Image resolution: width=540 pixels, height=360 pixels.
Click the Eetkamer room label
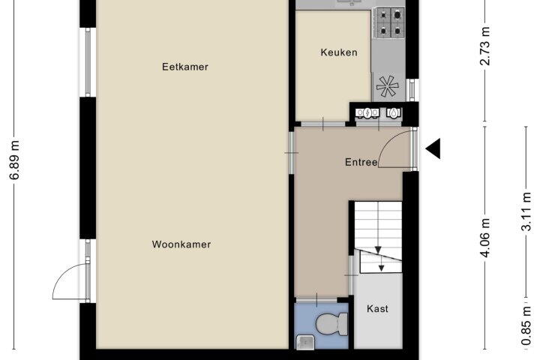click(x=185, y=67)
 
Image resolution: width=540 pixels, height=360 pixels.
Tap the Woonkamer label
click(x=181, y=244)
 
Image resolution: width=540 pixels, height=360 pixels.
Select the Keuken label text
click(x=339, y=52)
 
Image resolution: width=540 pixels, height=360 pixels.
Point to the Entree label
click(x=361, y=162)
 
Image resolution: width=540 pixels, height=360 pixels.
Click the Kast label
click(x=377, y=309)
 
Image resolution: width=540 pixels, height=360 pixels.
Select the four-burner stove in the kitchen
click(x=391, y=23)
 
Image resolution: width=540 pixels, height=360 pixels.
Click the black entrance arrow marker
click(x=433, y=148)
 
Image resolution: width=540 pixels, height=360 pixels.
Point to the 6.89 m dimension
click(x=15, y=160)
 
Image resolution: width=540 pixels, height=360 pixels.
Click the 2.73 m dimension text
click(x=485, y=46)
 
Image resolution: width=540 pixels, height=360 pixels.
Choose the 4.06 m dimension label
click(x=485, y=238)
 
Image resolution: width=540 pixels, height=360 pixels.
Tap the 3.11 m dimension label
click(x=526, y=211)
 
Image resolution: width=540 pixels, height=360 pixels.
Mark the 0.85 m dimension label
click(x=526, y=326)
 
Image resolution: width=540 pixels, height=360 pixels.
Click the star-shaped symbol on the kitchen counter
click(x=388, y=86)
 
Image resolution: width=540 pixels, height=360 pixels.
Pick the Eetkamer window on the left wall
click(x=88, y=62)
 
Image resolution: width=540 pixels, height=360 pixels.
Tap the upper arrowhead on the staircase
click(x=378, y=250)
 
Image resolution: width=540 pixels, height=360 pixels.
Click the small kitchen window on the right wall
click(x=412, y=90)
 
